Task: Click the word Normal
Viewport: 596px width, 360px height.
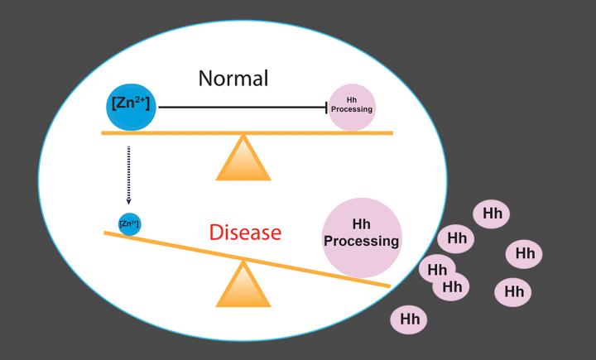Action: click(x=234, y=79)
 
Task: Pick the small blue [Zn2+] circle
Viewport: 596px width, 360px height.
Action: click(x=128, y=223)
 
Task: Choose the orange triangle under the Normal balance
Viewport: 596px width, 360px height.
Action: click(x=243, y=159)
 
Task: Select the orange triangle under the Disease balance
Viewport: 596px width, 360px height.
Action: click(x=243, y=286)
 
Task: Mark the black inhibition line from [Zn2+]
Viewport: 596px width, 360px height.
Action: click(x=240, y=107)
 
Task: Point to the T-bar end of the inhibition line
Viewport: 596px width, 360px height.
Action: click(x=327, y=107)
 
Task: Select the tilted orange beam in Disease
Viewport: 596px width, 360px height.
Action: click(x=248, y=259)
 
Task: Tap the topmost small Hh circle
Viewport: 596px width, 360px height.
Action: click(x=491, y=214)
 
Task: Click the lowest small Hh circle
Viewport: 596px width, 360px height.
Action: click(x=410, y=318)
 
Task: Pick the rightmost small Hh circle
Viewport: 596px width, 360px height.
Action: click(x=524, y=253)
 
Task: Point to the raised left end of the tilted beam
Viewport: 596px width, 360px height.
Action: click(x=108, y=234)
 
